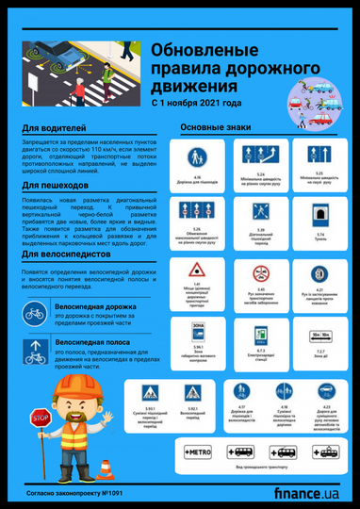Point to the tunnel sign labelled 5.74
pos(319,216)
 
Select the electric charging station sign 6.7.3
pos(259,336)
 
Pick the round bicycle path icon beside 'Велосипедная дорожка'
pos(33,311)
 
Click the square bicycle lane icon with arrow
pos(33,352)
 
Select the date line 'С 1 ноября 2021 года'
pos(196,103)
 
